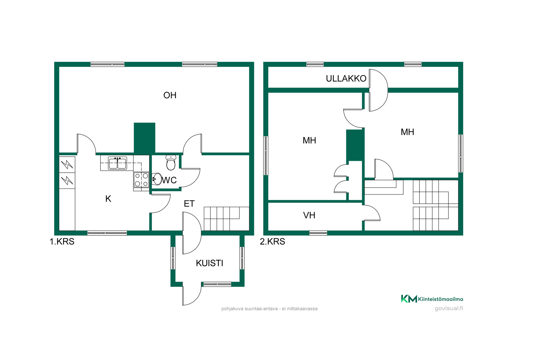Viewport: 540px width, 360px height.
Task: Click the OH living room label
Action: click(x=170, y=95)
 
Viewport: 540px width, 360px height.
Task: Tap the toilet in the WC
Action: click(x=171, y=162)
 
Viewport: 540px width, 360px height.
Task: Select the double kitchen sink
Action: click(x=118, y=163)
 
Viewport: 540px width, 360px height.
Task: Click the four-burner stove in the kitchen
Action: click(x=141, y=180)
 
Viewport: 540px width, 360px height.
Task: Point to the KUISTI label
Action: click(x=210, y=263)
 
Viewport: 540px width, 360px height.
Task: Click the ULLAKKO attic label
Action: click(x=346, y=78)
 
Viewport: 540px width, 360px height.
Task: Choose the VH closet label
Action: click(x=309, y=215)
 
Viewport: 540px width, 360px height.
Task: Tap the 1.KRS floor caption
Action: click(x=62, y=241)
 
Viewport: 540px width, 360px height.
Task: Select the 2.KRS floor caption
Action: click(x=272, y=241)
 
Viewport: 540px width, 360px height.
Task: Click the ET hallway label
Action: click(x=189, y=203)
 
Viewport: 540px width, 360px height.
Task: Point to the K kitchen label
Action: click(x=108, y=199)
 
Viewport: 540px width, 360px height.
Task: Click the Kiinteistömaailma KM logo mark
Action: click(x=409, y=299)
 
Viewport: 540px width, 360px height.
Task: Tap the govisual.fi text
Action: click(x=449, y=308)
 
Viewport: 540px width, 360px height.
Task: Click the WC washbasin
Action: click(x=157, y=179)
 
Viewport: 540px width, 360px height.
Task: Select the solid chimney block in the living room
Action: click(x=145, y=138)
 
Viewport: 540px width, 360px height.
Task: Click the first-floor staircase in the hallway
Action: click(x=226, y=219)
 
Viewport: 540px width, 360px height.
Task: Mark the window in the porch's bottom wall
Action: click(x=217, y=284)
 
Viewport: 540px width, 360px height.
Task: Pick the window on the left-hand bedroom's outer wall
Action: click(x=266, y=156)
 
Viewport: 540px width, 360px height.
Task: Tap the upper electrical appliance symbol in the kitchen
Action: click(x=67, y=164)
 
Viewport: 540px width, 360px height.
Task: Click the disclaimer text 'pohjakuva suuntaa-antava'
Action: click(x=249, y=309)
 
